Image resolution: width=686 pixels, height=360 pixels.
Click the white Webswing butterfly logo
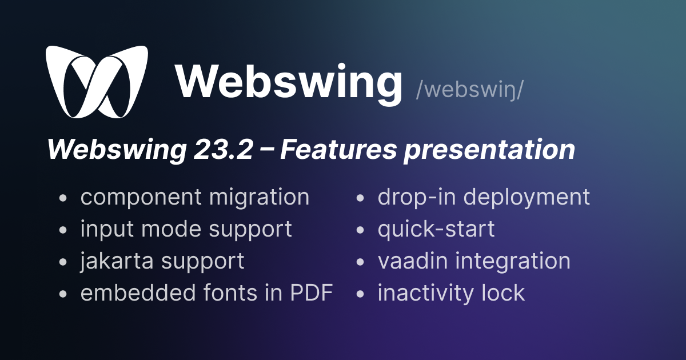(97, 82)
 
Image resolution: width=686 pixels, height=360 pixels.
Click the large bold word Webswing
(289, 82)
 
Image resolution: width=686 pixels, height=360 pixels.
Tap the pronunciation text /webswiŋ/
(470, 90)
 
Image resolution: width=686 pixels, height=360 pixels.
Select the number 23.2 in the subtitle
(224, 150)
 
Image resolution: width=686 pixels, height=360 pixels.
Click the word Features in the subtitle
(338, 149)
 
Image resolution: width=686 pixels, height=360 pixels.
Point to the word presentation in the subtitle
(489, 150)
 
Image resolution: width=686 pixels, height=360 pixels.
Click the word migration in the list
(259, 198)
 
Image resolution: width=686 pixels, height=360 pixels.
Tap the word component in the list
(141, 198)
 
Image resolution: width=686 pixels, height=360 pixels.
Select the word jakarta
(117, 261)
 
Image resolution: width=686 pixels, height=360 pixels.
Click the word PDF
(312, 293)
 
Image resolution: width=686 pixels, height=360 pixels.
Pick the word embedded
(138, 293)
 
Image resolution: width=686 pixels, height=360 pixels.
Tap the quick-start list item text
(436, 230)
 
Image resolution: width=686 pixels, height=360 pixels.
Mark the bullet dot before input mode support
(63, 230)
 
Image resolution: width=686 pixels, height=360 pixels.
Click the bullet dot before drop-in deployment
(360, 198)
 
